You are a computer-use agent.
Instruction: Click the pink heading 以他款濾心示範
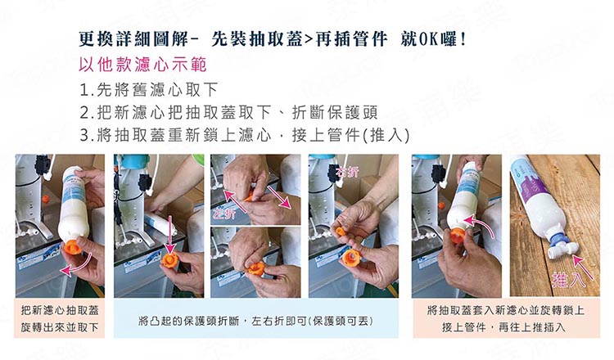point(142,65)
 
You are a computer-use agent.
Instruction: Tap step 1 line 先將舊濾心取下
point(149,90)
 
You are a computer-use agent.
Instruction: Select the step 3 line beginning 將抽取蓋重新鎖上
point(245,135)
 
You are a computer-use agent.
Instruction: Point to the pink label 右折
point(347,172)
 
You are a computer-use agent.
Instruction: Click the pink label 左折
point(224,214)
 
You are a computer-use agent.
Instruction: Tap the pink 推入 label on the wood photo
point(569,279)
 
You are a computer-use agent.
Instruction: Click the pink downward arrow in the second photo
point(169,235)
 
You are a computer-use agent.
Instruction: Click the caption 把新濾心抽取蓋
point(60,311)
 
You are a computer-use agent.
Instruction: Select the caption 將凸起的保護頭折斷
point(189,322)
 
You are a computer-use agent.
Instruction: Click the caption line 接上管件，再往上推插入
point(504,327)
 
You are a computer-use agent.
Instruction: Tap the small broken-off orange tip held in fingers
point(341,231)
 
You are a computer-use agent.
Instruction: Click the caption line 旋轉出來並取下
point(60,327)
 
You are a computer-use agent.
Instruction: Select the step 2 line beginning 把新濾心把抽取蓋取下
point(228,113)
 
